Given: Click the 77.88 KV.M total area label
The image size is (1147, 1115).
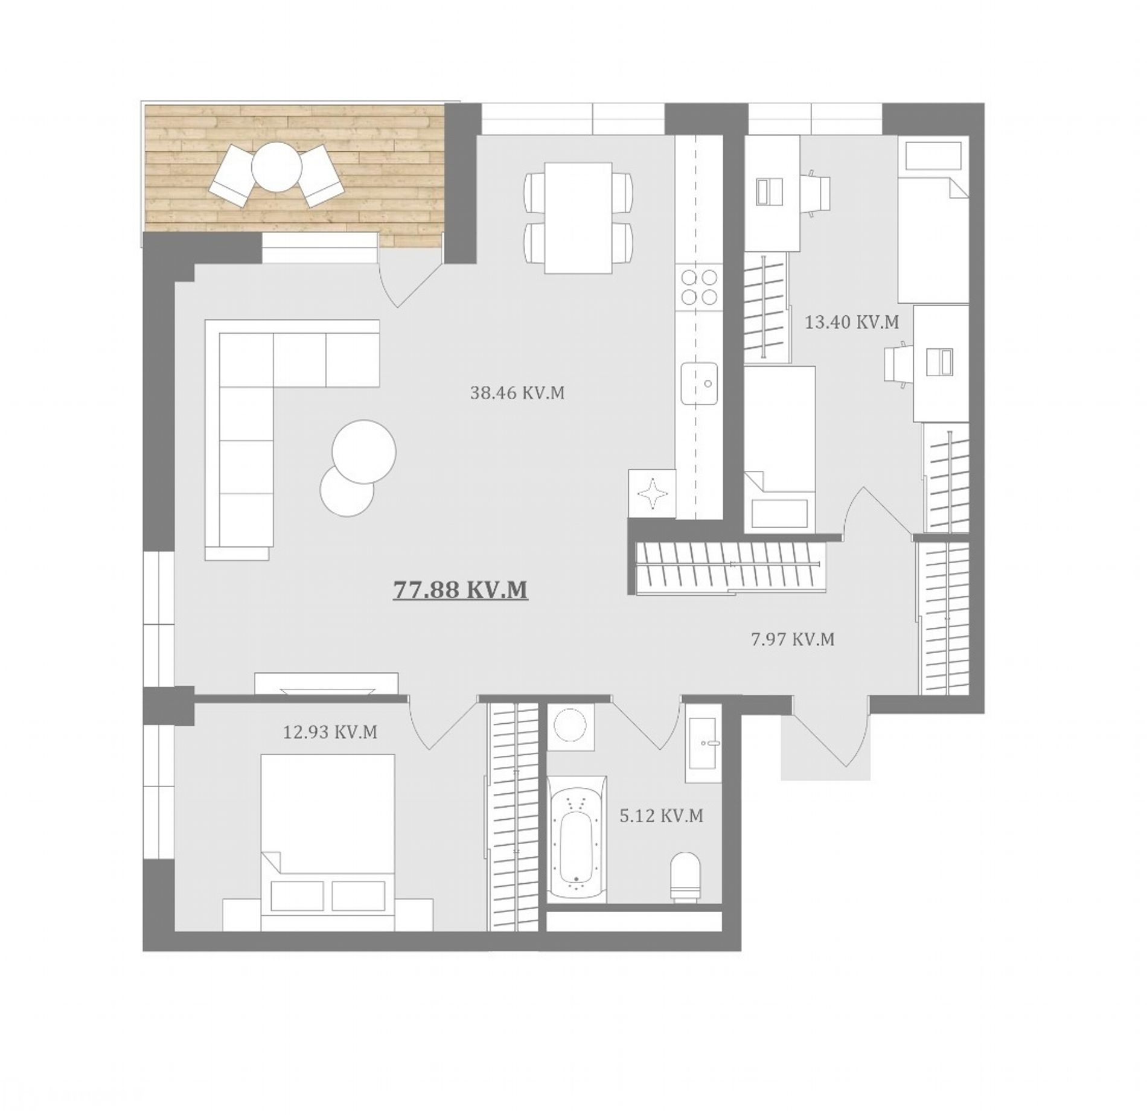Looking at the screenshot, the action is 461,589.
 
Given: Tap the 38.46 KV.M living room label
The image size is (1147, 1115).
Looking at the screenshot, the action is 517,393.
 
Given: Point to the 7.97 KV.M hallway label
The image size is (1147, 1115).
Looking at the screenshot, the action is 793,639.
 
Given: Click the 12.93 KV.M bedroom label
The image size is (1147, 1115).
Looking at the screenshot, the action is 330,732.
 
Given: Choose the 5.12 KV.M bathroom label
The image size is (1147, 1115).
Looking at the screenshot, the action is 662,816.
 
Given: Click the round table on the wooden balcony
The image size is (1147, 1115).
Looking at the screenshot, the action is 276,167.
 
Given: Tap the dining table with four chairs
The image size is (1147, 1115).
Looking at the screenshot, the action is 578,218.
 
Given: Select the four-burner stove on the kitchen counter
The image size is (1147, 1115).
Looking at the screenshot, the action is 699,287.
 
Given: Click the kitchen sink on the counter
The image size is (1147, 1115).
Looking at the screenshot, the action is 699,383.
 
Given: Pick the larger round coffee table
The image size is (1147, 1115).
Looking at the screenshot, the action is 364,451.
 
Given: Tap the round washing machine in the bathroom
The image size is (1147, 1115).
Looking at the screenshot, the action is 569,727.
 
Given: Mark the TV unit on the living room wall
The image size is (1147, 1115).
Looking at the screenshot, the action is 327,684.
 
